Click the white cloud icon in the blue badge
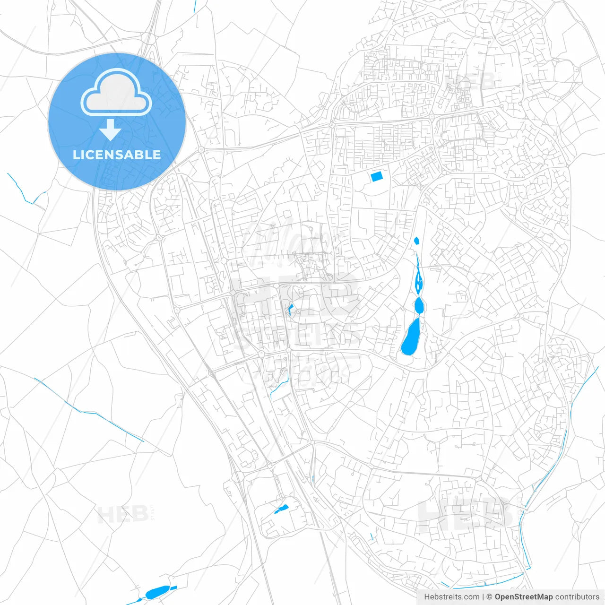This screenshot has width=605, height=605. coord(116,92)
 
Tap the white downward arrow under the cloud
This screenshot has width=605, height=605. coord(110,130)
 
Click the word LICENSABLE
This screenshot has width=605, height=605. coord(117,155)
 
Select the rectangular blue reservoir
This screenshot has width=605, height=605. coord(377,177)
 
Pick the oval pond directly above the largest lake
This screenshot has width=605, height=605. coord(419,305)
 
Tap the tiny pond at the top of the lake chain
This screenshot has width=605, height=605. coord(416,241)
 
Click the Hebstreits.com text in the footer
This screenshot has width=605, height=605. coord(451,597)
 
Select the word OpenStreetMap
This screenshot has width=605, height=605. coord(524,597)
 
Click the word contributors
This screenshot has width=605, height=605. coord(577,597)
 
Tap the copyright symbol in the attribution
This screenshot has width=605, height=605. coord(490,597)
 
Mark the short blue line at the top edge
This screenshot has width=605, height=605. coord(195,7)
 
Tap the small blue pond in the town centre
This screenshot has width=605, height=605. coord(290,310)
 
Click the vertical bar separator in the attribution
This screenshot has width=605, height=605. coord(483,597)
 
